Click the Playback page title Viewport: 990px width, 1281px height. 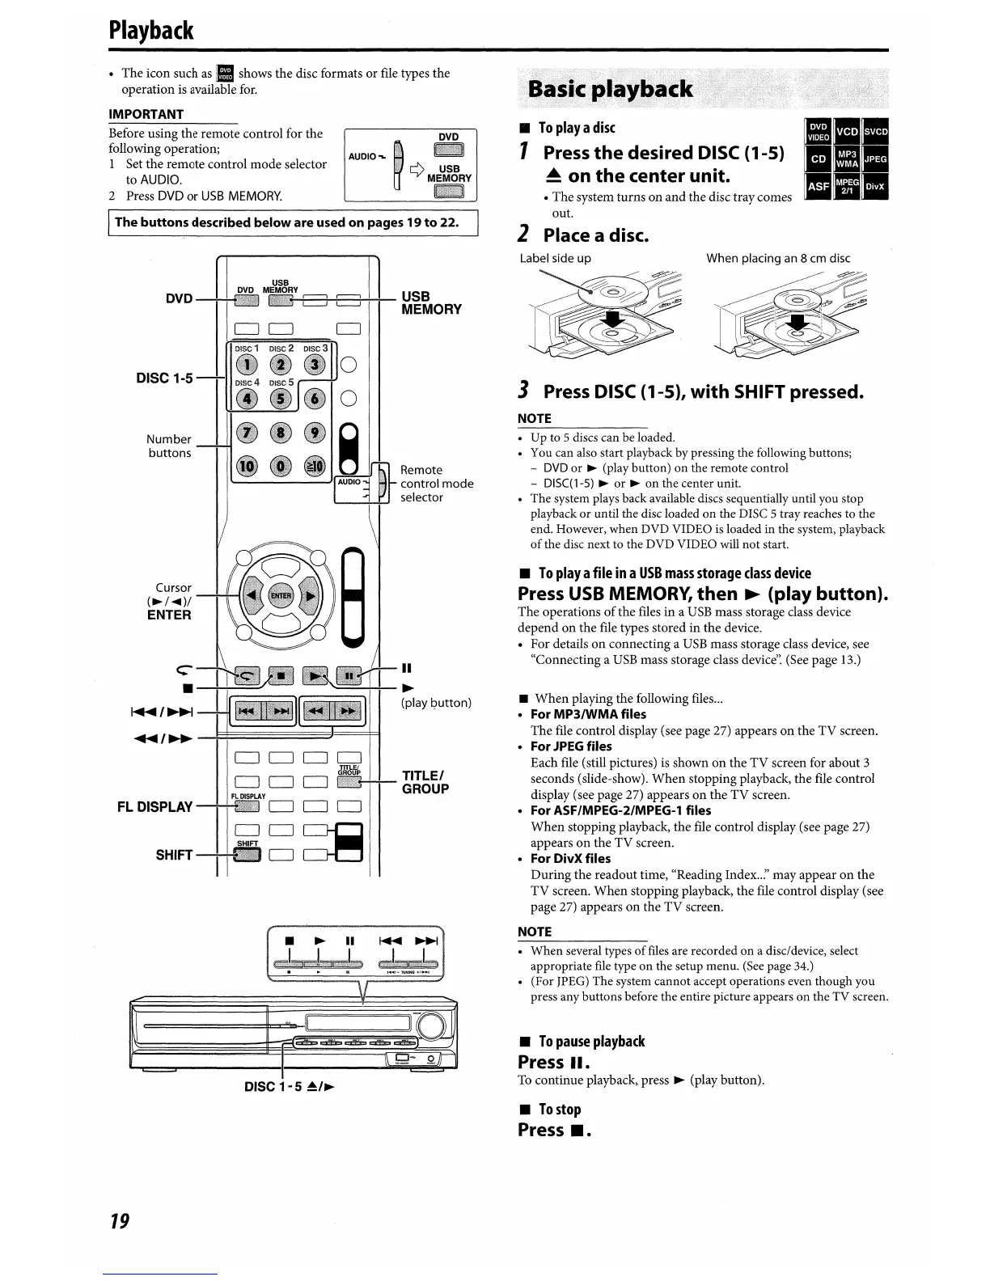pyautogui.click(x=151, y=30)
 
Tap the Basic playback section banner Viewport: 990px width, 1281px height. pyautogui.click(x=610, y=89)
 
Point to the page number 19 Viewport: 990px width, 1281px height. pyautogui.click(x=120, y=1220)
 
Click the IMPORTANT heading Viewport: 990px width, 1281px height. pyautogui.click(x=146, y=114)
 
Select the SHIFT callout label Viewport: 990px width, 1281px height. pyautogui.click(x=175, y=855)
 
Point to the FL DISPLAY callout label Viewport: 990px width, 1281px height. pyautogui.click(x=153, y=806)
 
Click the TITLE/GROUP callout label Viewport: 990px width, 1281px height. pyautogui.click(x=425, y=782)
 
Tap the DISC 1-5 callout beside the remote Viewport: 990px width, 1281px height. pyautogui.click(x=166, y=378)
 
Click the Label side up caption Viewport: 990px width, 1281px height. pyautogui.click(x=555, y=258)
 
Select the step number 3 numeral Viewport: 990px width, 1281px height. pyautogui.click(x=524, y=391)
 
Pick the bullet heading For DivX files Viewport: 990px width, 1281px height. pyautogui.click(x=570, y=858)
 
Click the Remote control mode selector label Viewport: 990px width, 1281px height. pyautogui.click(x=437, y=483)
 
